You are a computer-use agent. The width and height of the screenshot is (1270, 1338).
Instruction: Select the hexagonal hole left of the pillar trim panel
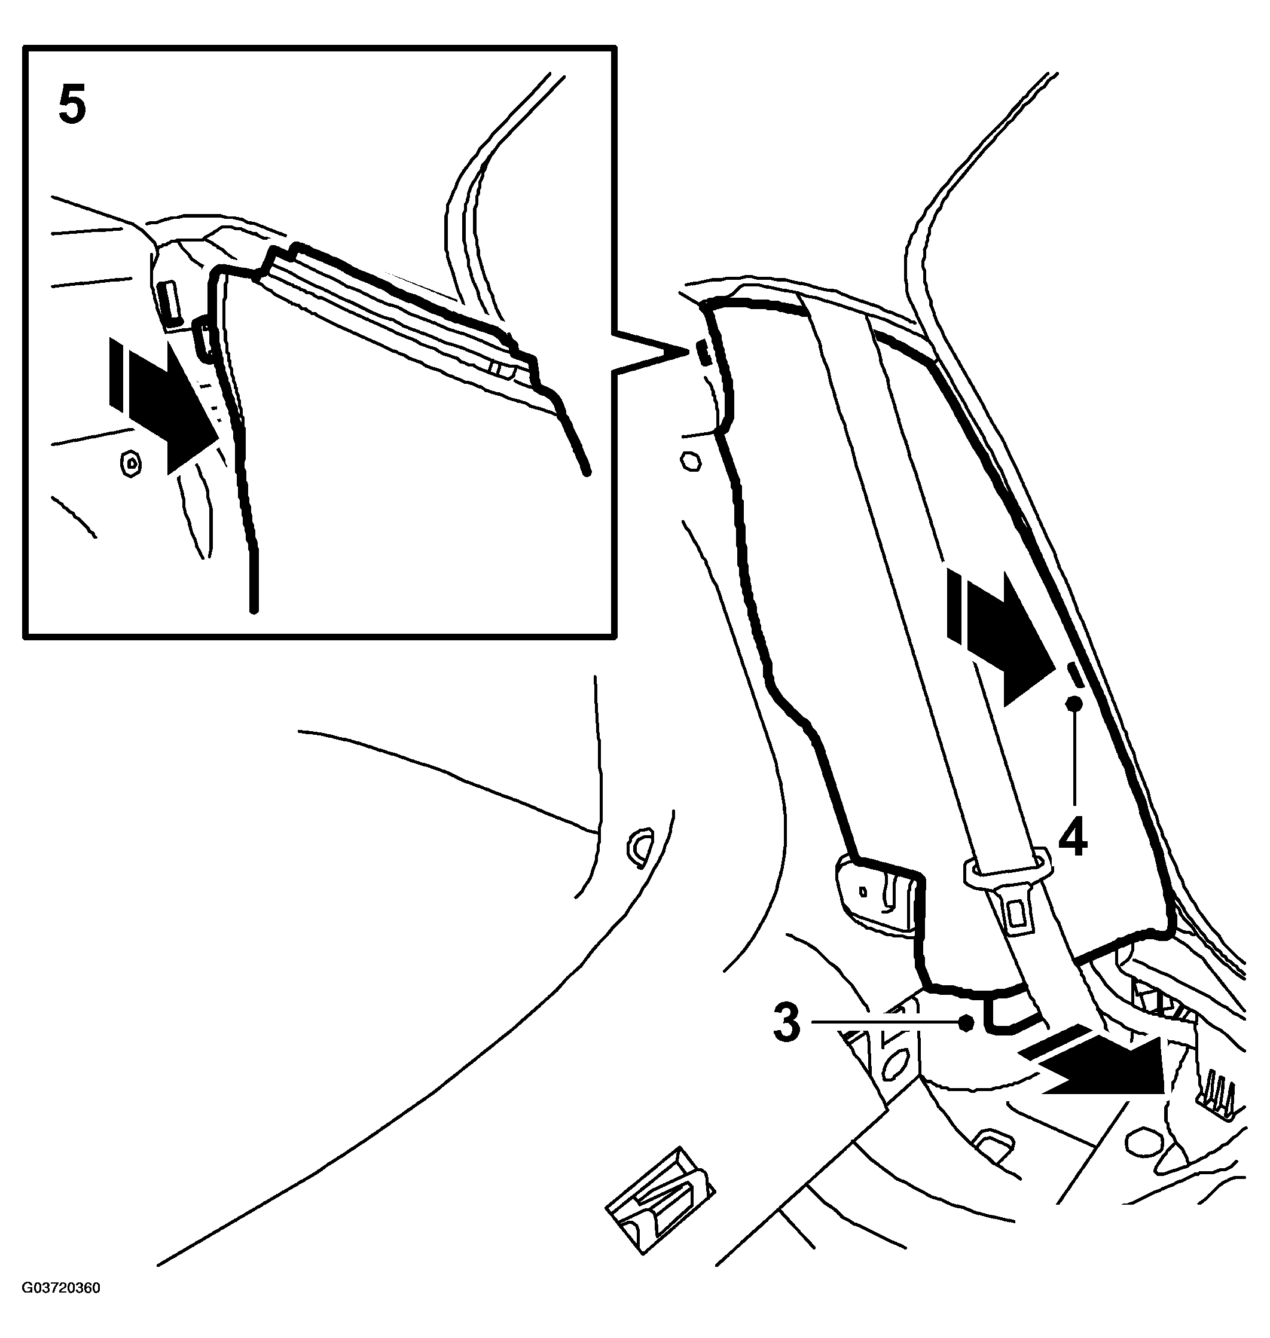pos(691,462)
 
